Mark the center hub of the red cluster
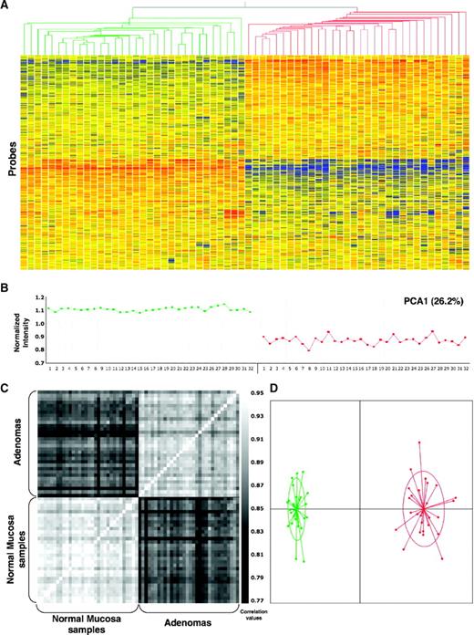coord(423,508)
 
